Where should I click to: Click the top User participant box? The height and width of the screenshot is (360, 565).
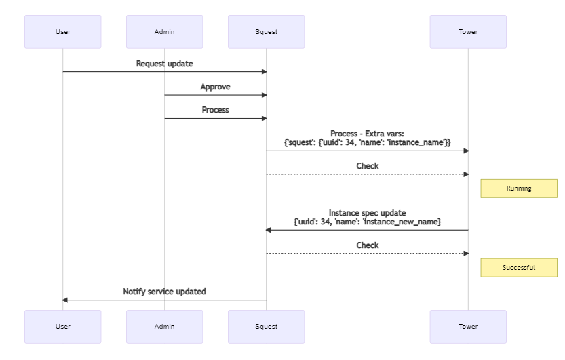[x=62, y=32]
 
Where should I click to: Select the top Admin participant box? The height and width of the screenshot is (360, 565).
[x=164, y=32]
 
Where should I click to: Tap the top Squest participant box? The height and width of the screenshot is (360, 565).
[x=266, y=32]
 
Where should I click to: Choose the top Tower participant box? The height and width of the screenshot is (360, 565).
[x=468, y=32]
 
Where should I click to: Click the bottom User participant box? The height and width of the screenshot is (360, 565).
[x=62, y=327]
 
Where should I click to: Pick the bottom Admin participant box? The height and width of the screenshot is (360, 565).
[x=164, y=327]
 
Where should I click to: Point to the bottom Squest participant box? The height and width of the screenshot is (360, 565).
[x=266, y=327]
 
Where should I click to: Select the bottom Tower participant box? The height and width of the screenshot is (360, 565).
[x=468, y=327]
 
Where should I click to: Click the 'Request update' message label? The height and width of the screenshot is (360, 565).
[x=164, y=64]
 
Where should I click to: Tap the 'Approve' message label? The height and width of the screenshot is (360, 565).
[x=215, y=87]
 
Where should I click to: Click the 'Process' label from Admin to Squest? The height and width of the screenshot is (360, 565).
[x=215, y=110]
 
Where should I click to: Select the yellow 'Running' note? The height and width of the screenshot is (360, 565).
[x=519, y=188]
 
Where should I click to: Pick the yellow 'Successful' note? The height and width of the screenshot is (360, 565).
[x=519, y=268]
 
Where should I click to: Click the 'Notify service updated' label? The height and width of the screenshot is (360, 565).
[x=164, y=292]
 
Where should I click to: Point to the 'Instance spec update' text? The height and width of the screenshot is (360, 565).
[x=367, y=213]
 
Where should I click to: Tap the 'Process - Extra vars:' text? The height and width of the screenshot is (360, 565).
[x=367, y=134]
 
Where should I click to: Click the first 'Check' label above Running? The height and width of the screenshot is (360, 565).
[x=367, y=166]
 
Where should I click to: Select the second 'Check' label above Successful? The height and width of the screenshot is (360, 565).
[x=367, y=245]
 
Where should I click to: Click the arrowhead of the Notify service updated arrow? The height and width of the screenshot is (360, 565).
[x=66, y=300]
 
